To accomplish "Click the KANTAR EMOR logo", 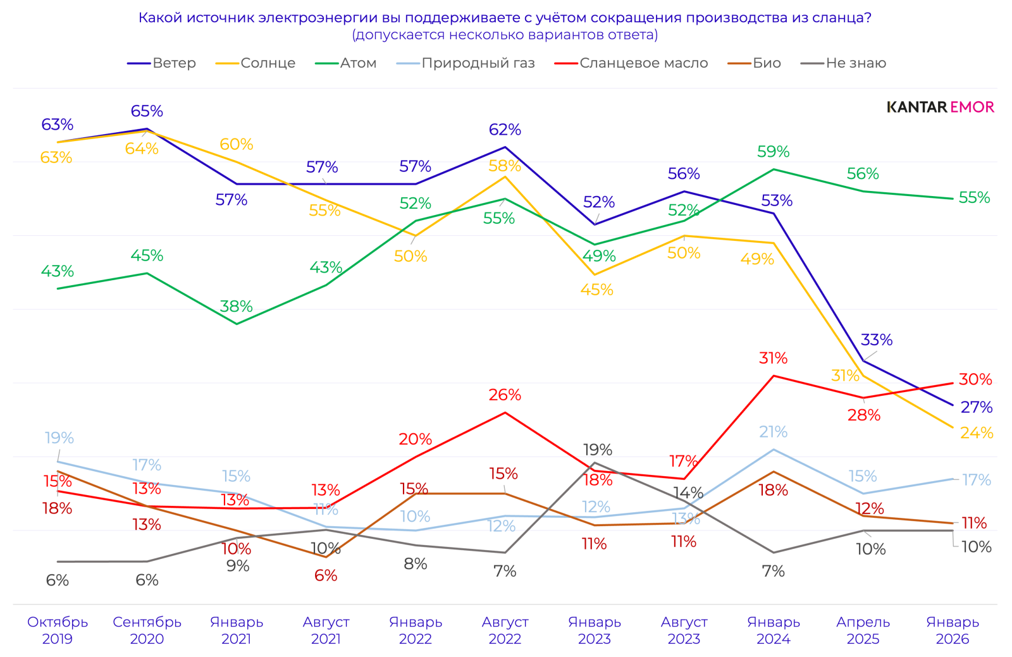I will pyautogui.click(x=940, y=107).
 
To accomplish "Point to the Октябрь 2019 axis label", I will pyautogui.click(x=58, y=630).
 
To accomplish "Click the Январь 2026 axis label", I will pyautogui.click(x=953, y=630).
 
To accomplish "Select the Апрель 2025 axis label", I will pyautogui.click(x=863, y=630).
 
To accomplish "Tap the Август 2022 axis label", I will pyautogui.click(x=505, y=630).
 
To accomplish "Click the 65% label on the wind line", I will pyautogui.click(x=147, y=111).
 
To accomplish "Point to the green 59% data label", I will pyautogui.click(x=773, y=152).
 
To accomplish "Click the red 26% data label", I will pyautogui.click(x=505, y=395).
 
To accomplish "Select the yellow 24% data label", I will pyautogui.click(x=977, y=433).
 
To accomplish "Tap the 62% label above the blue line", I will pyautogui.click(x=505, y=130).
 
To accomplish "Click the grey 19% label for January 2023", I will pyautogui.click(x=597, y=450).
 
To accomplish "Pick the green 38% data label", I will pyautogui.click(x=236, y=307).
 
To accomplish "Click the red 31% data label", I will pyautogui.click(x=773, y=359).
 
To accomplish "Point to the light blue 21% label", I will pyautogui.click(x=773, y=432).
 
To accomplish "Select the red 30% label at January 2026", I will pyautogui.click(x=975, y=379).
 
